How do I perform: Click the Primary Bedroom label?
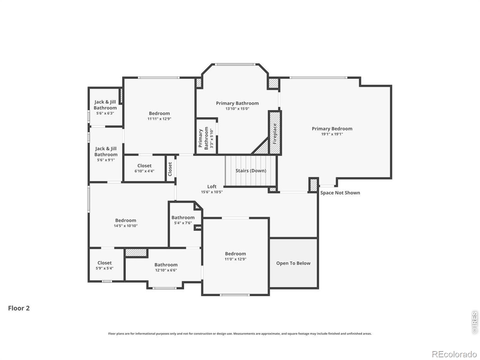[332, 129]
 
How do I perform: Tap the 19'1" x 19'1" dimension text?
[332, 134]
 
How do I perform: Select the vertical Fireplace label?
[275, 133]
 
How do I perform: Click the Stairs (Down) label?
[251, 171]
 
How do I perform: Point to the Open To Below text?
[293, 263]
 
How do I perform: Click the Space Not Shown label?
[340, 193]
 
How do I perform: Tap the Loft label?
[212, 186]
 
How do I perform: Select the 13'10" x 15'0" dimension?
[237, 109]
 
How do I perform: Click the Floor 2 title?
[19, 308]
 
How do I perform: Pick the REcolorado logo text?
[454, 354]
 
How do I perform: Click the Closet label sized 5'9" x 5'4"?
[104, 263]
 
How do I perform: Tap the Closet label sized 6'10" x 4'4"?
[144, 166]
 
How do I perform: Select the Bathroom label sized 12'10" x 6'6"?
[166, 265]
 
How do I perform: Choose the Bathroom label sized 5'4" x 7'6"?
[183, 217]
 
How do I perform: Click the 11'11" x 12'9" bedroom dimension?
[159, 119]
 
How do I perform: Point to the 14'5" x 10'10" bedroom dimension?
[125, 226]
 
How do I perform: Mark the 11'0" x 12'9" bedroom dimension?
[235, 259]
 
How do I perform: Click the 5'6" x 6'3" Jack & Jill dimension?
[105, 113]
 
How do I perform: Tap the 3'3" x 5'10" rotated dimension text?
[211, 138]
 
